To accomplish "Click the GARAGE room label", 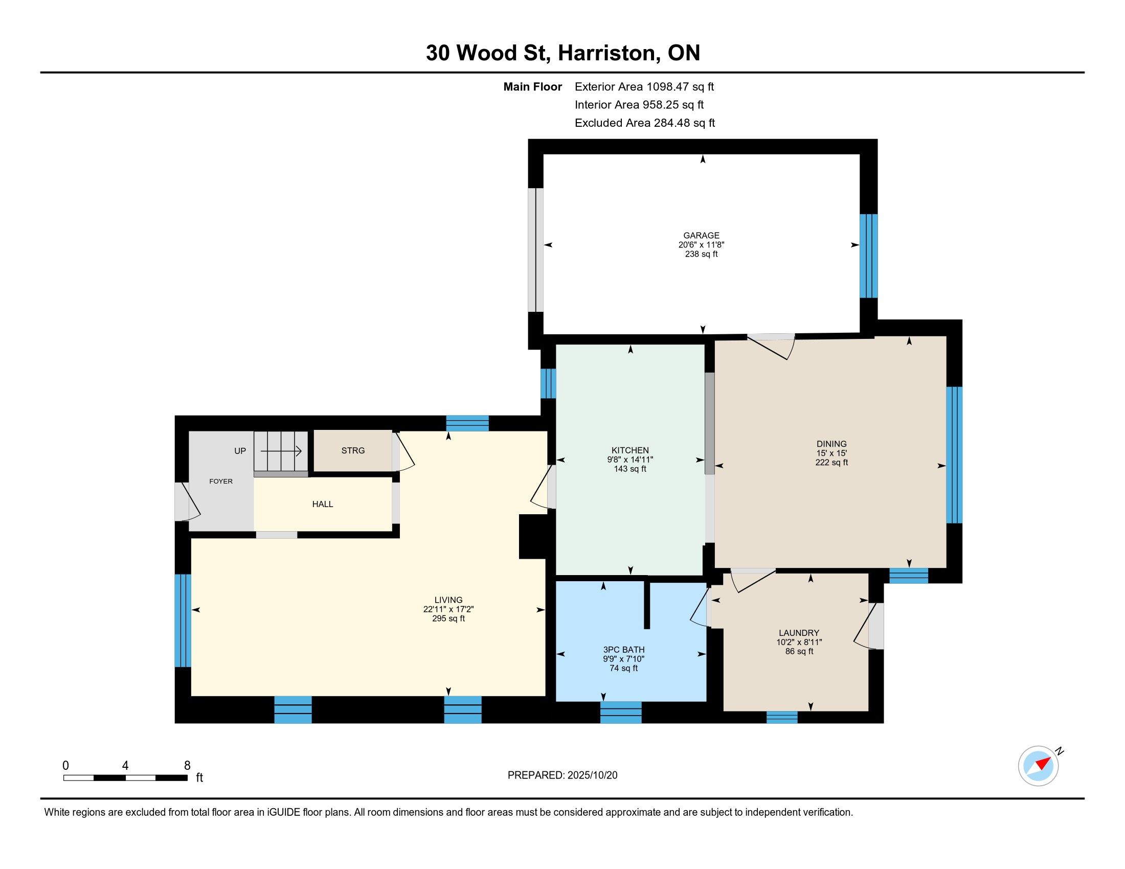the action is point(701,236).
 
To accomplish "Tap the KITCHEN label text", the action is point(630,450).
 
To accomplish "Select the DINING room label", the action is point(831,444).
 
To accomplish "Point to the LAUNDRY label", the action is point(799,633).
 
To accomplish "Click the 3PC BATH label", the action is point(624,650).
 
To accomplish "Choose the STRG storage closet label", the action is point(353,450).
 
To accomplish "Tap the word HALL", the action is point(323,504).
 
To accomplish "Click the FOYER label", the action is point(220,482).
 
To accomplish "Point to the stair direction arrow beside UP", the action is point(281,451).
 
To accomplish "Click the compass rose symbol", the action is point(1038,766).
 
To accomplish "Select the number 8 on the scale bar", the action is point(187,765).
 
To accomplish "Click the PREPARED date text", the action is point(562,775).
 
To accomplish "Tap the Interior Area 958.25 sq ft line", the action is point(639,105).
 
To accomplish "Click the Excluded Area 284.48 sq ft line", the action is point(645,123).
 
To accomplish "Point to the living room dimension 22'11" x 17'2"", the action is point(448,609).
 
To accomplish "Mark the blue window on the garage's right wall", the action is point(868,256).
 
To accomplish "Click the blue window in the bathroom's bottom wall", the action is point(621,712).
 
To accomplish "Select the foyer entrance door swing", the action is point(187,501).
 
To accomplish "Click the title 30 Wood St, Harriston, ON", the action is point(563,53).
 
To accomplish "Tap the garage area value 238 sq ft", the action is point(701,254).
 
